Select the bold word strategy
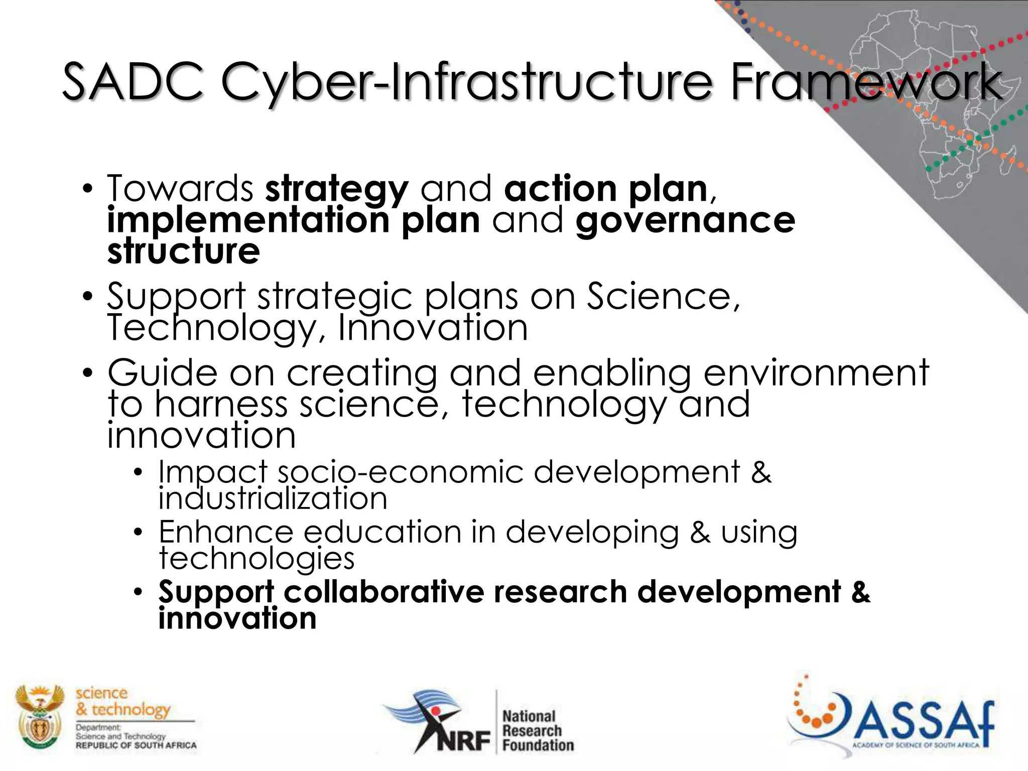(337, 190)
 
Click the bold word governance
(685, 221)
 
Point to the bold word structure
(184, 251)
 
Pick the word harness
(221, 405)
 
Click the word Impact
(213, 472)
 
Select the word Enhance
(226, 532)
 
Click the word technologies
(256, 558)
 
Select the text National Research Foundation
(537, 730)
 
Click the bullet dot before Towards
(88, 189)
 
